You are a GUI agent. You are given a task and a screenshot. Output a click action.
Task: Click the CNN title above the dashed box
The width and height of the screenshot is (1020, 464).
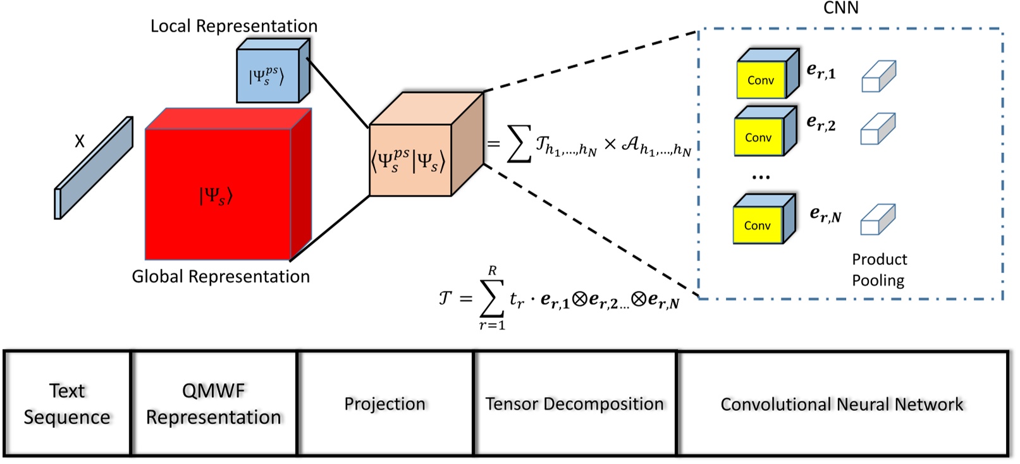tap(840, 8)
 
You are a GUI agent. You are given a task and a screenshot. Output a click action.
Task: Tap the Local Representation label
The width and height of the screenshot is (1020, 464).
tap(233, 26)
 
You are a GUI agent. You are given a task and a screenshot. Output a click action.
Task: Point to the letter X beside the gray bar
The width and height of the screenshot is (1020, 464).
tap(79, 141)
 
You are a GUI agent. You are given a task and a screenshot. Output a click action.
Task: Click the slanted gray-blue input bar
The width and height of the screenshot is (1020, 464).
tap(94, 168)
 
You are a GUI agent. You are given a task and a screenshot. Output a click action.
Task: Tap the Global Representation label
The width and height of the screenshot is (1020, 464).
tap(221, 276)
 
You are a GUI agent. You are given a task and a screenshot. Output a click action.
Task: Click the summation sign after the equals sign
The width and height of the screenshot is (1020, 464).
tap(519, 143)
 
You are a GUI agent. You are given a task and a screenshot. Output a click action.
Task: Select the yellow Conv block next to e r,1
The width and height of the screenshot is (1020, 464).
tap(761, 80)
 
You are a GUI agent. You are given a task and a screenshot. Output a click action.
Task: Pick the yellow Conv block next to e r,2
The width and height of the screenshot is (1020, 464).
tap(758, 137)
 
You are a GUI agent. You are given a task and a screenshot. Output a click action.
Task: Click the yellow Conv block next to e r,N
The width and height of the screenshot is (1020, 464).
tap(758, 226)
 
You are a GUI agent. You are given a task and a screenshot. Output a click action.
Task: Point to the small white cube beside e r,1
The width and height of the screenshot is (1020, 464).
tap(878, 76)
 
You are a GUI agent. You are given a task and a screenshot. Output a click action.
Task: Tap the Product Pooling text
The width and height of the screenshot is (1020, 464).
tap(878, 269)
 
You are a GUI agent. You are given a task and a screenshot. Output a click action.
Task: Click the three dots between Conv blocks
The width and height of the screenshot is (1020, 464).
tap(761, 178)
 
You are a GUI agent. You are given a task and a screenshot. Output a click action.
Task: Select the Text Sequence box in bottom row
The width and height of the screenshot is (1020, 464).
tap(67, 403)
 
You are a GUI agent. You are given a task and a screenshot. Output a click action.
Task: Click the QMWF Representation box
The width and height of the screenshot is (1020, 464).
tap(214, 403)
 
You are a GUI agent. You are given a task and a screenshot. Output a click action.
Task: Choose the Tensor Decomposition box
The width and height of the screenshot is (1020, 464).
tap(574, 403)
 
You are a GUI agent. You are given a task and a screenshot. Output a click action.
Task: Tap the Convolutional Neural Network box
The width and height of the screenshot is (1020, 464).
tap(842, 404)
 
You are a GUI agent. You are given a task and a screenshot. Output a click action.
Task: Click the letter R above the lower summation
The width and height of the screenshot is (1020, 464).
tap(492, 271)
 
